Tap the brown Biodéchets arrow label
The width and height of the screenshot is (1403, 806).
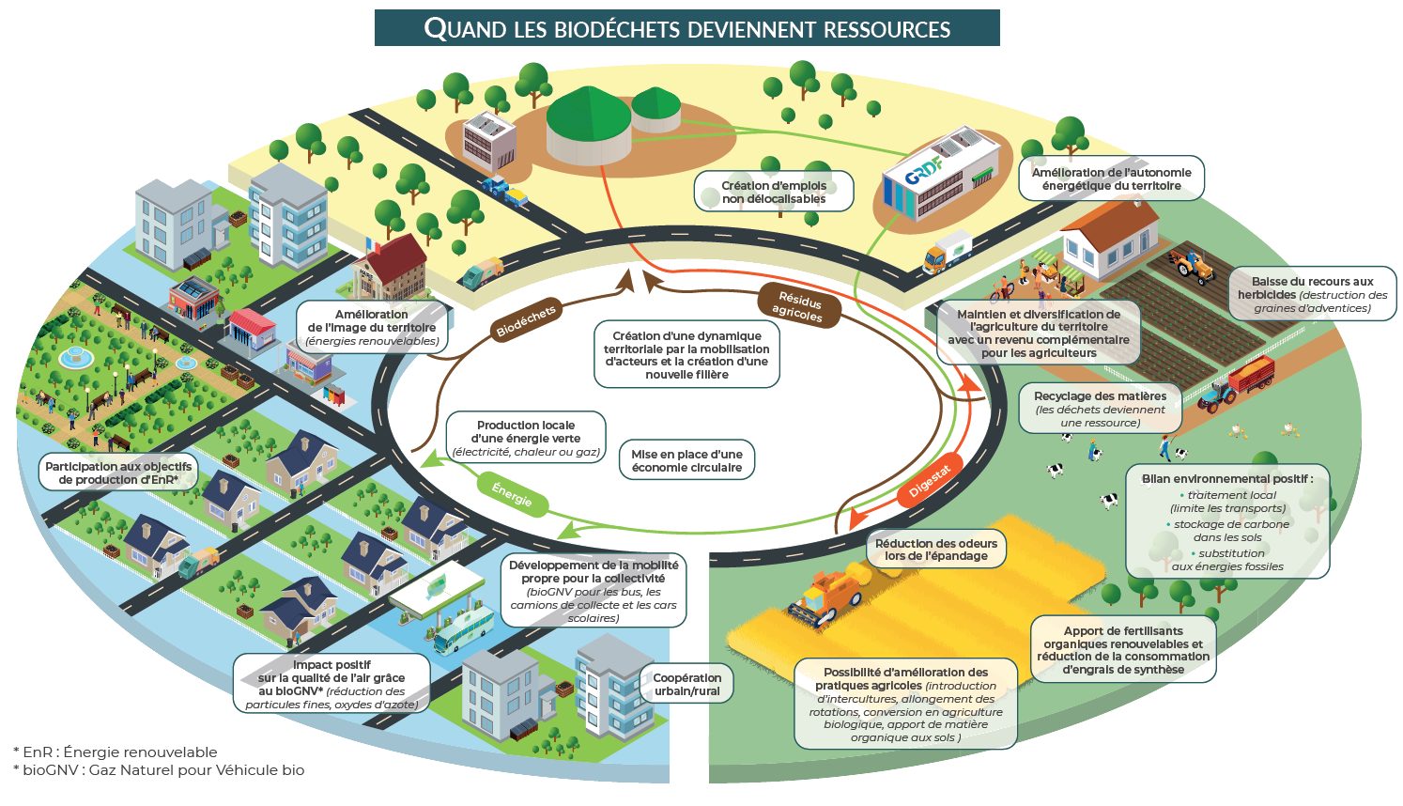[526, 320]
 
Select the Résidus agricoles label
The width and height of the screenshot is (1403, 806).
[797, 307]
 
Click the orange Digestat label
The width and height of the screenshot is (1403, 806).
[930, 479]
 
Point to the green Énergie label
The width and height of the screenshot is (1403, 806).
[512, 494]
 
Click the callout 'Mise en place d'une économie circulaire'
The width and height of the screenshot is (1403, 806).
[686, 461]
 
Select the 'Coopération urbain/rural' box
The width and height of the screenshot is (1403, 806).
[687, 684]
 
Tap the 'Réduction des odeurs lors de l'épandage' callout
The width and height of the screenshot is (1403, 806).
[935, 550]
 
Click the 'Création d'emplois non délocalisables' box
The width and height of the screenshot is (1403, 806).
[774, 192]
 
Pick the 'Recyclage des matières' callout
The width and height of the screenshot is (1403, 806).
[1100, 409]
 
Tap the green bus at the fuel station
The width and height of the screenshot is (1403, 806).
[463, 628]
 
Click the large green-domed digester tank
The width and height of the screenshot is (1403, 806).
[589, 123]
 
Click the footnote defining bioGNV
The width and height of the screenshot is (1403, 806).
[159, 770]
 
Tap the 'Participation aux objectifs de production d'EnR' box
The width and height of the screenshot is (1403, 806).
[118, 473]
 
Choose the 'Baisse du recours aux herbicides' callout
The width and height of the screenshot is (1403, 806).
[1312, 294]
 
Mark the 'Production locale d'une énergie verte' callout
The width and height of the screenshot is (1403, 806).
[526, 439]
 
